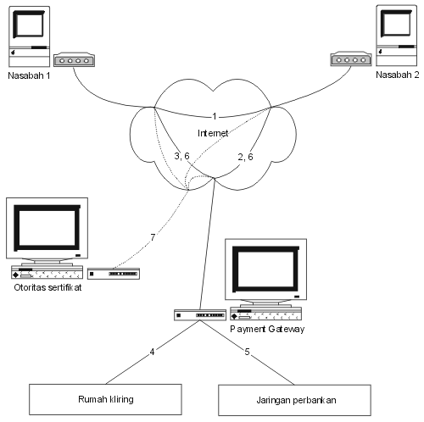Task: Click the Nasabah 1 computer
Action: (30, 36)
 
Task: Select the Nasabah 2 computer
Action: (396, 36)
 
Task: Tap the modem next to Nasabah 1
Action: (74, 59)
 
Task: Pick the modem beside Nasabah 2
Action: (351, 58)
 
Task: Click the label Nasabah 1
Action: (29, 75)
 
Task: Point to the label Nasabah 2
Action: (397, 75)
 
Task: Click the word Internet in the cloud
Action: (213, 133)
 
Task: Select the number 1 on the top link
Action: (215, 116)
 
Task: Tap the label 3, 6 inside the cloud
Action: (181, 156)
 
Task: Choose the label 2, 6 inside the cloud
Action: (245, 157)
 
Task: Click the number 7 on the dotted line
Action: (153, 237)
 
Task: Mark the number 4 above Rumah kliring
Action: (152, 352)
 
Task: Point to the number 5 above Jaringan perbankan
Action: (247, 352)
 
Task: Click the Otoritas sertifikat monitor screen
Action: (47, 228)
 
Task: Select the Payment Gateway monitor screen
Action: (265, 269)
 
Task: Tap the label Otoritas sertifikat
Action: (47, 287)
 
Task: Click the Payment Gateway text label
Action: (267, 329)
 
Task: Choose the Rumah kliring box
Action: (105, 399)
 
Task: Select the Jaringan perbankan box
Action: (294, 400)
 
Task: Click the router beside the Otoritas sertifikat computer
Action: (114, 274)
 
